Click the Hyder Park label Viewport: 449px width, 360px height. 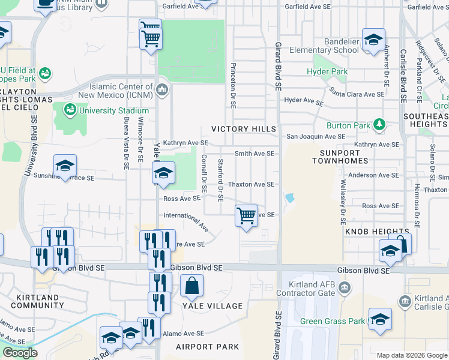coord(327,72)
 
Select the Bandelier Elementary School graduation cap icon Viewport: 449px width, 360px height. coord(373,40)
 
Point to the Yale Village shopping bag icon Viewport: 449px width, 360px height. coord(192,286)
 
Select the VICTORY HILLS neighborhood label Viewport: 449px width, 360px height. coord(244,129)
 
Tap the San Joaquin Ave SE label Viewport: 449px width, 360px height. coord(315,137)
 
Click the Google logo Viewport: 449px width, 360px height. coord(20,353)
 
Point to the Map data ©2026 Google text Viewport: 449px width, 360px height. coord(412,355)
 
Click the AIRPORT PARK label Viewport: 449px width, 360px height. coord(207,347)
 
